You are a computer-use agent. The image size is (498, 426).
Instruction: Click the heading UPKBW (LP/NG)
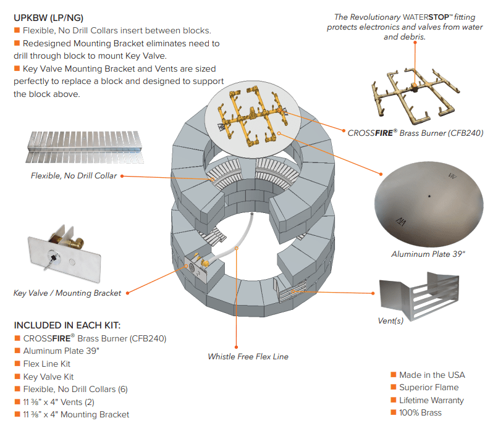(49, 17)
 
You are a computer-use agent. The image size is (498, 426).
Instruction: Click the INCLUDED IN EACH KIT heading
(67, 325)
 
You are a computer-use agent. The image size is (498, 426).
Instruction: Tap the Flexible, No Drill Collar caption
(74, 176)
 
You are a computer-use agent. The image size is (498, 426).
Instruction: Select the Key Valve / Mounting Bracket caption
(67, 293)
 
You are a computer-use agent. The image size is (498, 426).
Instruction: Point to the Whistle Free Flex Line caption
(248, 356)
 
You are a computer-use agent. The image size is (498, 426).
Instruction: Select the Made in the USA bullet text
(432, 375)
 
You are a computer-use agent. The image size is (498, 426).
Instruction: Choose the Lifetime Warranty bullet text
(431, 400)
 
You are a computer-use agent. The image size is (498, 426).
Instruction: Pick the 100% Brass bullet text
(420, 412)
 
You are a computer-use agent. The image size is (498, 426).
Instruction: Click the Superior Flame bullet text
(429, 387)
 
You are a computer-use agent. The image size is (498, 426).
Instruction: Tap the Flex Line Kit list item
(46, 364)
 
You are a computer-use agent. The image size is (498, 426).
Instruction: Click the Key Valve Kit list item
(48, 377)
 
